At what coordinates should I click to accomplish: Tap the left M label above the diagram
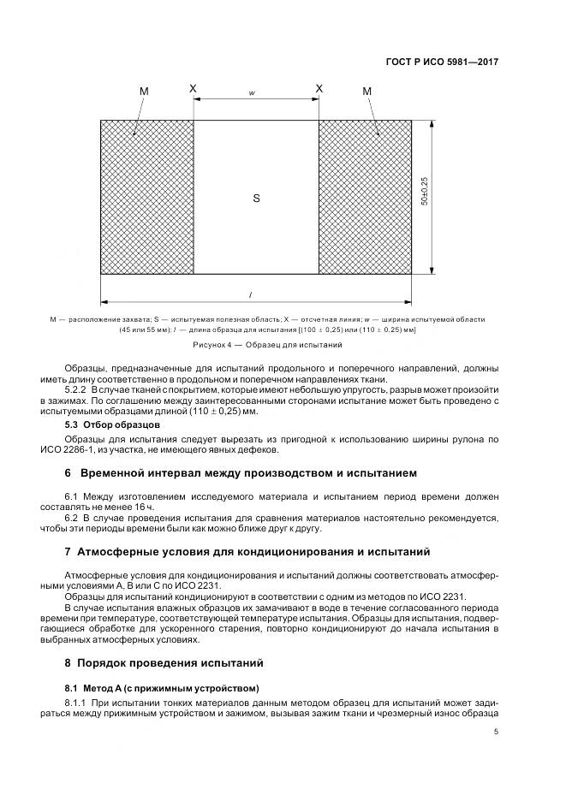tap(143, 91)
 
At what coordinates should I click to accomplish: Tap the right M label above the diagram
tap(367, 91)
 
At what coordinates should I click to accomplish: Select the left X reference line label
tap(193, 88)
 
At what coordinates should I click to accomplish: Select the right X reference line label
tap(319, 88)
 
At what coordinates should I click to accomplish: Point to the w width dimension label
tap(253, 92)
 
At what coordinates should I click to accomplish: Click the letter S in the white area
tap(256, 199)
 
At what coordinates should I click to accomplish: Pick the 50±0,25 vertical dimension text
tap(424, 197)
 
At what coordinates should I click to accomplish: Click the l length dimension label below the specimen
tap(250, 295)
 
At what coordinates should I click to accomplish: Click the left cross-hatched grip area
tap(146, 197)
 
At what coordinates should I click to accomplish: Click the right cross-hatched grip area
tap(365, 197)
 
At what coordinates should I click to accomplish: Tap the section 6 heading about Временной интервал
tap(241, 472)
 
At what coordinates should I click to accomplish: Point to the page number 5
tap(497, 731)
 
